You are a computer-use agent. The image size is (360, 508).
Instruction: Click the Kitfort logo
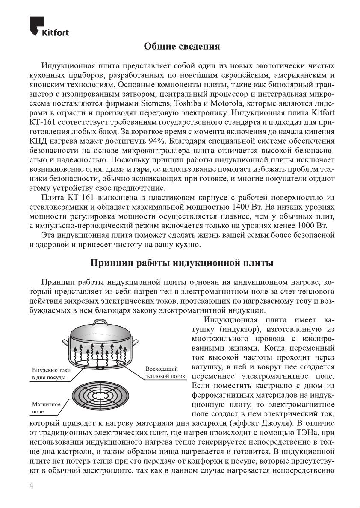pyautogui.click(x=49, y=27)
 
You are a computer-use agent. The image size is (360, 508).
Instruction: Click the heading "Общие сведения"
pyautogui.click(x=182, y=46)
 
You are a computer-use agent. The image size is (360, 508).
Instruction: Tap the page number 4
pyautogui.click(x=31, y=486)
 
